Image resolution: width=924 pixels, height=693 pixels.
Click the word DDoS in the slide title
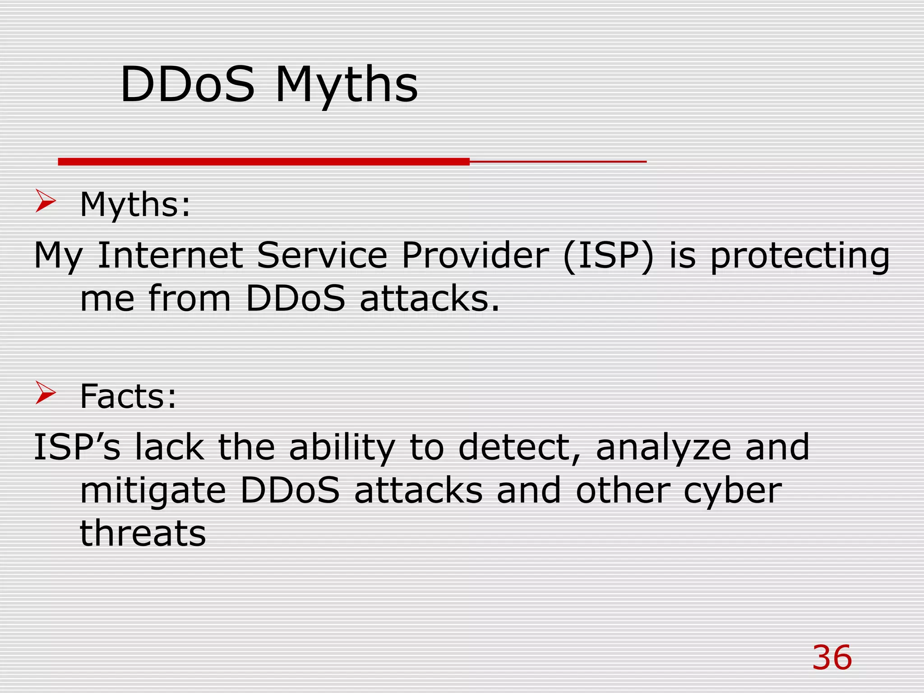point(187,84)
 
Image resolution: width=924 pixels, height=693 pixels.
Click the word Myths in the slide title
point(346,86)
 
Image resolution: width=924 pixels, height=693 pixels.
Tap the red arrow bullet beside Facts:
point(46,393)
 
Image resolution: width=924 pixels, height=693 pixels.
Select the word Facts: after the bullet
point(128,396)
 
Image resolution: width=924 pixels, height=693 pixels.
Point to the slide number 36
point(832,657)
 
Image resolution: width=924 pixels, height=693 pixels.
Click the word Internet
point(170,255)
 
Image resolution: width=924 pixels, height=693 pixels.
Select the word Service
point(322,255)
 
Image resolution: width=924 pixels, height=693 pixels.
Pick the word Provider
point(475,255)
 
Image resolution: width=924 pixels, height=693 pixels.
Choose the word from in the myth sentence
point(189,298)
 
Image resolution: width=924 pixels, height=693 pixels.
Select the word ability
point(342,448)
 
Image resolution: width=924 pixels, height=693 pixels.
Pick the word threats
point(143,533)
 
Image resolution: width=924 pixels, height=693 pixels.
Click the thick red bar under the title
point(264,162)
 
